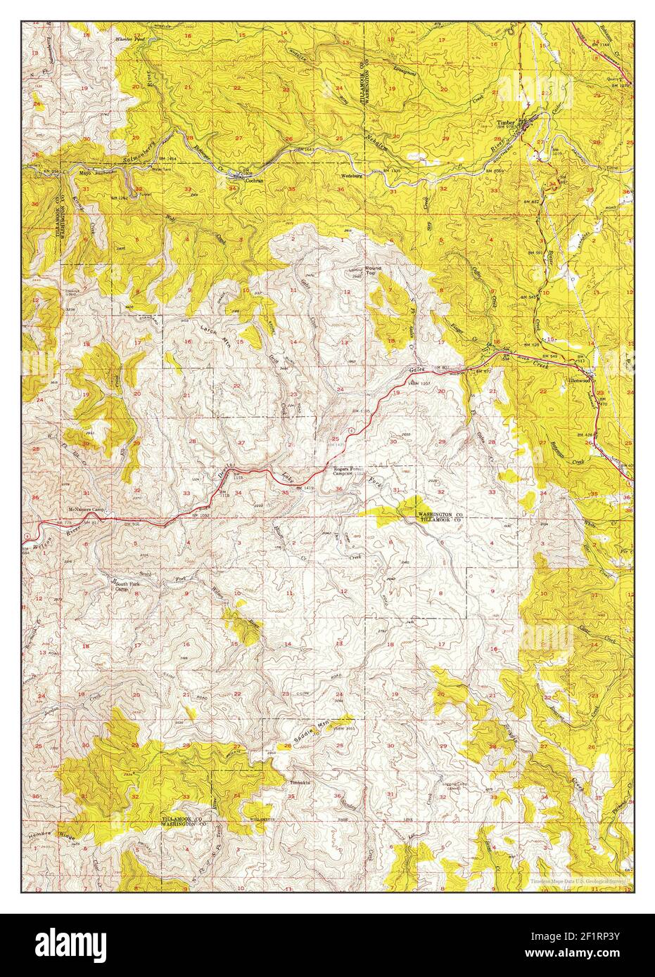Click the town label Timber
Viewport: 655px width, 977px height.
(x=507, y=122)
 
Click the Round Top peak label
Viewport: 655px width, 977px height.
(x=373, y=270)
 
